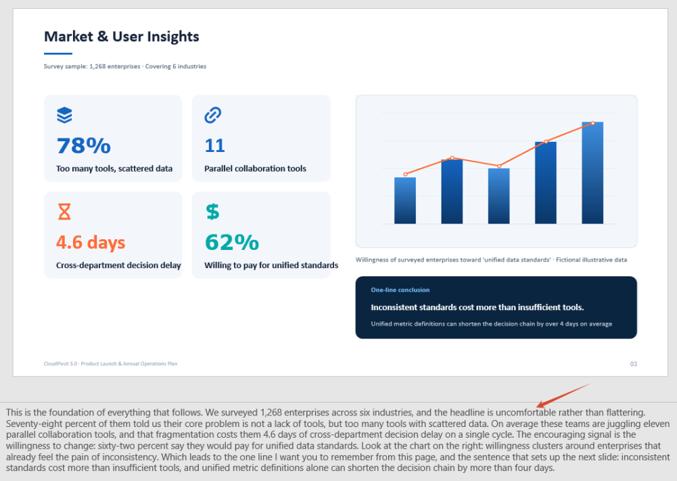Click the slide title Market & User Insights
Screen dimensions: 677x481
121,36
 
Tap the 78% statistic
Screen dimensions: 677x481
84,146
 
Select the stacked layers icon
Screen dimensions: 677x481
64,115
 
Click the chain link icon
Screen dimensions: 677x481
213,115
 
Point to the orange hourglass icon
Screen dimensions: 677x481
64,212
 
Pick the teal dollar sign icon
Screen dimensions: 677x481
212,212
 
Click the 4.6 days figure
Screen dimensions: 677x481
91,243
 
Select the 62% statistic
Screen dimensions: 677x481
232,243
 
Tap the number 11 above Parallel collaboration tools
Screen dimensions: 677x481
214,146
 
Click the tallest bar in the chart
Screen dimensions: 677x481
592,173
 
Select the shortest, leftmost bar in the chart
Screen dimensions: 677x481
405,201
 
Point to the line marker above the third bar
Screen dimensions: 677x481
499,166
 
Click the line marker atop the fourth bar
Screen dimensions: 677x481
546,141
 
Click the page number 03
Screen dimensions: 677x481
634,364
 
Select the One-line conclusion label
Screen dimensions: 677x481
400,290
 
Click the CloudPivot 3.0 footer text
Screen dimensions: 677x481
110,363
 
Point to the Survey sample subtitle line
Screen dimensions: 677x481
124,66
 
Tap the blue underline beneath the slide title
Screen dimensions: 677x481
58,53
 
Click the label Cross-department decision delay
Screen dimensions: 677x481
118,265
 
